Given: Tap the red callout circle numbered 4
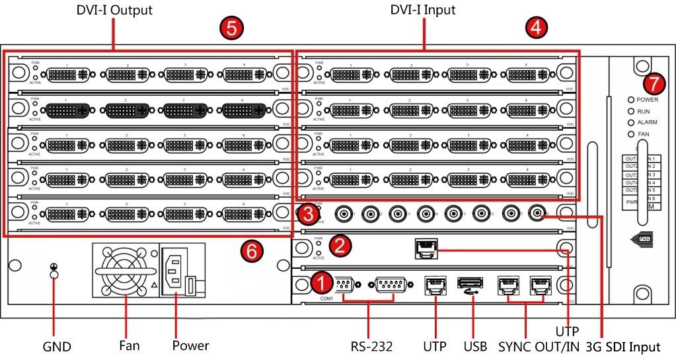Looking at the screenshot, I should point(536,27).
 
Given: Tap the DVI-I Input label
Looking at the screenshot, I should point(423,11).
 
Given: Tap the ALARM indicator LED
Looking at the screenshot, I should point(631,124).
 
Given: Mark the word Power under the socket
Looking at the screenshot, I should point(190,345).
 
